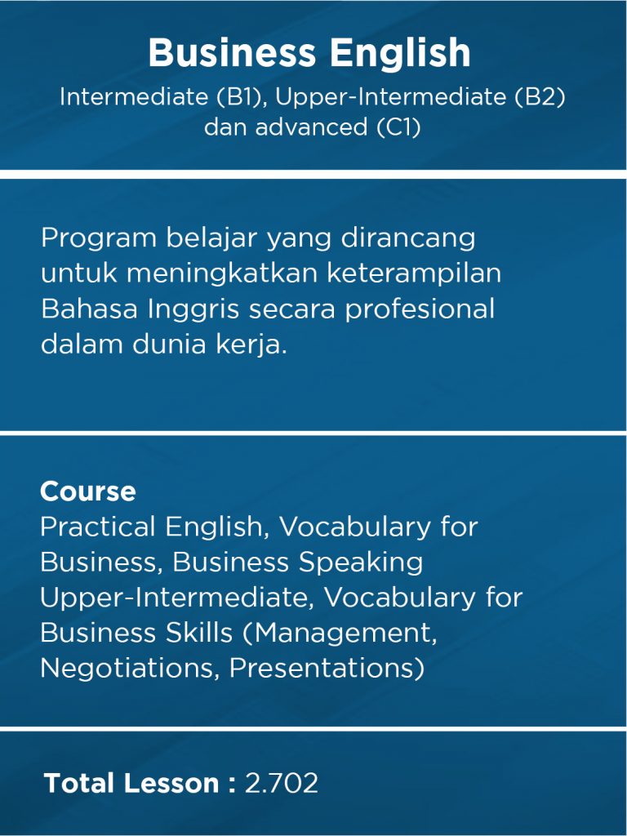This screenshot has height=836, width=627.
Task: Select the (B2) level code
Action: click(x=539, y=97)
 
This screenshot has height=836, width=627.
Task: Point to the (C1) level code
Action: click(x=398, y=128)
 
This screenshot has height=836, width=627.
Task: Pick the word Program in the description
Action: click(x=98, y=239)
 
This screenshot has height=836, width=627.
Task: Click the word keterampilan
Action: click(x=414, y=274)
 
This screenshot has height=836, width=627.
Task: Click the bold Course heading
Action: click(x=87, y=491)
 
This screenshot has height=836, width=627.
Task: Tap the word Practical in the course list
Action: click(x=97, y=527)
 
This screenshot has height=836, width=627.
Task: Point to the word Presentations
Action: click(x=326, y=668)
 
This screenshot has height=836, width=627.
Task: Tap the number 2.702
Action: click(x=281, y=784)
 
